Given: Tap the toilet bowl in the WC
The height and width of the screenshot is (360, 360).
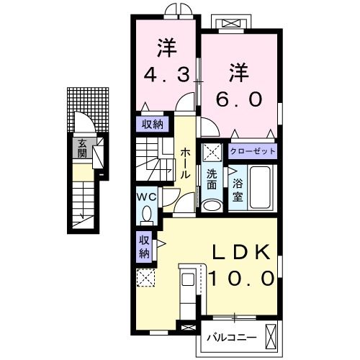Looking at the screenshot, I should [x=148, y=214].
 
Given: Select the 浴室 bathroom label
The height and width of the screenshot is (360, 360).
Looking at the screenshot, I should [x=237, y=189].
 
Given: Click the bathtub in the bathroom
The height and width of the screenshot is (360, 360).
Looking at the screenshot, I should [x=259, y=189].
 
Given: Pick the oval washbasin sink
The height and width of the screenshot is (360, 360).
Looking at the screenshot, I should [x=212, y=206].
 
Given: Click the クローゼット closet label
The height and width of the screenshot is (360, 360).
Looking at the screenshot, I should [x=252, y=152].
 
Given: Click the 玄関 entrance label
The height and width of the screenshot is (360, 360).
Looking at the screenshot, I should [x=82, y=148].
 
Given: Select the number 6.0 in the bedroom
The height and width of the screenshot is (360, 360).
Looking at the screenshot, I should [x=240, y=99].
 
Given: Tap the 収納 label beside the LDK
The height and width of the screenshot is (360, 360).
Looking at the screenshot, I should [x=144, y=246].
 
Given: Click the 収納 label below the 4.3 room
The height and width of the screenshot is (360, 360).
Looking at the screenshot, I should [x=152, y=123].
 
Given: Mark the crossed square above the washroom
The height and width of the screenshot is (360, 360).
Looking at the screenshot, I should [x=212, y=153].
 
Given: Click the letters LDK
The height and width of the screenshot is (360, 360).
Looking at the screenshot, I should [x=240, y=252].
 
